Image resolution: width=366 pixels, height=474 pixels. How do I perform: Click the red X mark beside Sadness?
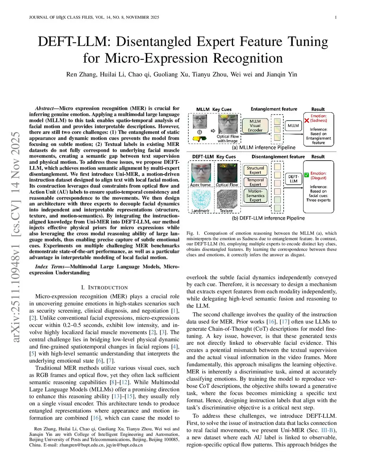(x=307, y=121)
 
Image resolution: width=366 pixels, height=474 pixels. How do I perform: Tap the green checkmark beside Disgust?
(x=306, y=175)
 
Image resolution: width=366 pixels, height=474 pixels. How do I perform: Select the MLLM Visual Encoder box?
(x=255, y=126)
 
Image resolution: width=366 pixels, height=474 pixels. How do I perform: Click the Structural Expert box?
(x=255, y=170)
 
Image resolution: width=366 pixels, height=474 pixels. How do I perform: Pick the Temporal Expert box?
(x=255, y=182)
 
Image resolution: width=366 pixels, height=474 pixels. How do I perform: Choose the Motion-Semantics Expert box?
(x=255, y=196)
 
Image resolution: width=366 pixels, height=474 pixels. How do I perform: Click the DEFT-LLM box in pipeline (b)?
(x=293, y=179)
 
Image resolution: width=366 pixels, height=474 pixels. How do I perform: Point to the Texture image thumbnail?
(x=227, y=199)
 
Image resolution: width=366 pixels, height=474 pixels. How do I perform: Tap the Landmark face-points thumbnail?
(x=201, y=199)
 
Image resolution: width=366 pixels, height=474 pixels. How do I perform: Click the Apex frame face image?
(x=201, y=173)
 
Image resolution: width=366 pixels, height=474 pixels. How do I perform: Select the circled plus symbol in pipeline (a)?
(x=200, y=132)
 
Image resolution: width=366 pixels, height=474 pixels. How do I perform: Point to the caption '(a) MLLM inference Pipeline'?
(x=264, y=147)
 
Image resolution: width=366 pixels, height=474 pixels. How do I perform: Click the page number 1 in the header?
(x=336, y=17)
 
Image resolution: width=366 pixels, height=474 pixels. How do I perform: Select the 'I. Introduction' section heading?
(x=104, y=288)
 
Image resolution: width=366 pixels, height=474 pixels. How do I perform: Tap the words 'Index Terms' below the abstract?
(x=50, y=267)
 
